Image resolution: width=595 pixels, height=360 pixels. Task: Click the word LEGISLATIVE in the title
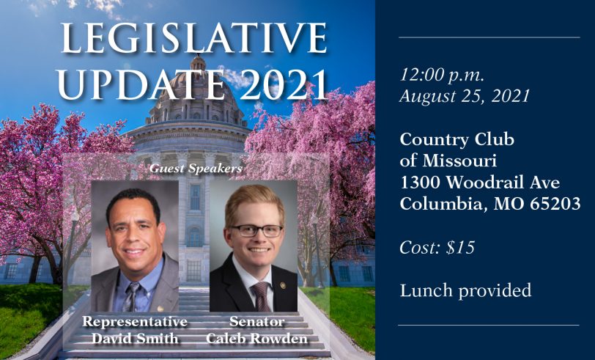194,38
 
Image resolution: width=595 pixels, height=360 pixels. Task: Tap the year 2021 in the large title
284,84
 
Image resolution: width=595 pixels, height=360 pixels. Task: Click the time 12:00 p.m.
442,76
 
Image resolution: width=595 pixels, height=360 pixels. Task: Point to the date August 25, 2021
465,96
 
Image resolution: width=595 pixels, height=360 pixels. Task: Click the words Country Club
457,139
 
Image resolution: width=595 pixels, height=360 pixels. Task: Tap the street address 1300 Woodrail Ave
480,183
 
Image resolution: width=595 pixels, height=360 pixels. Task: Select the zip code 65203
555,204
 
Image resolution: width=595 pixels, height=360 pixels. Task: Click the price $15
461,248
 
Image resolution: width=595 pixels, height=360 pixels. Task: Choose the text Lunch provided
465,291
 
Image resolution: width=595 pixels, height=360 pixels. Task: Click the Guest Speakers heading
196,168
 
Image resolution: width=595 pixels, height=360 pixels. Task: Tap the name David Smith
135,338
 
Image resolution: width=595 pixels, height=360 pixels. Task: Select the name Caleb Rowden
257,338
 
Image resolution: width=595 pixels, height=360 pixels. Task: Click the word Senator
257,322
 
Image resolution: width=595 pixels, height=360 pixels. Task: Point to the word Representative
135,322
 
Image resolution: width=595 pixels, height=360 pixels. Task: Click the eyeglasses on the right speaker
257,230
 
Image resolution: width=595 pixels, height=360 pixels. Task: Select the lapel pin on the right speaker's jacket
282,284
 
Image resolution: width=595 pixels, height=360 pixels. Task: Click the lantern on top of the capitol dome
198,62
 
